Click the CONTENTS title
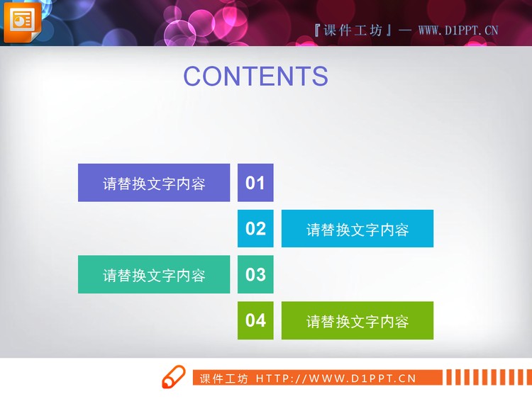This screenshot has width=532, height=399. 255,77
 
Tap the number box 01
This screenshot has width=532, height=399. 255,183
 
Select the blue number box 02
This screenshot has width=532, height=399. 255,228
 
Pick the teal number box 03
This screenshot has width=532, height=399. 255,274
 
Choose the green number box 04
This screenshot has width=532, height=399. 255,320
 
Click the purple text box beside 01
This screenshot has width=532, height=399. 154,183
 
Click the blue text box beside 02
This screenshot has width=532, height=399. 358,229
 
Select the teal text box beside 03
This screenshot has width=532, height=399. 154,275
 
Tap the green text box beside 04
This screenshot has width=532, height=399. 358,321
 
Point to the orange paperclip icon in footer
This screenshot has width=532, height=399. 172,378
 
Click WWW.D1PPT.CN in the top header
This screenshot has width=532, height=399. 458,30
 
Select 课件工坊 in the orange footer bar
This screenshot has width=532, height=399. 223,378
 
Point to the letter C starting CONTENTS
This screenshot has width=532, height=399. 194,77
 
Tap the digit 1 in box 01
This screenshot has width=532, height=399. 260,183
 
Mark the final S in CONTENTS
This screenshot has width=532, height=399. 319,77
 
